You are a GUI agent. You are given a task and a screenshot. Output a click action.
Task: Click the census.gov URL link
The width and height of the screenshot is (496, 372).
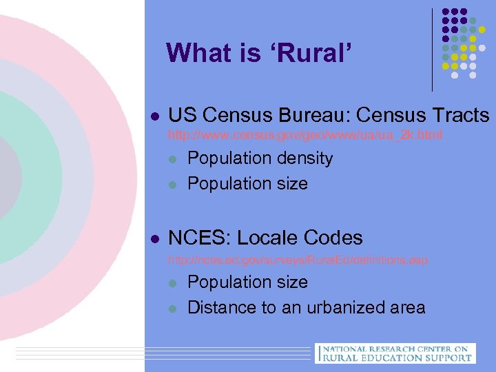tap(305, 136)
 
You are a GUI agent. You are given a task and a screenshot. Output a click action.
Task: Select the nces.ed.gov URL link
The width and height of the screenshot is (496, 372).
tap(298, 260)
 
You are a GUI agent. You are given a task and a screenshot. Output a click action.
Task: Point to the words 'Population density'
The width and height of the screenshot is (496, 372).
tap(260, 158)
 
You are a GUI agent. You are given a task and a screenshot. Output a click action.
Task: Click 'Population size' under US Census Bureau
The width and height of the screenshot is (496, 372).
tap(247, 184)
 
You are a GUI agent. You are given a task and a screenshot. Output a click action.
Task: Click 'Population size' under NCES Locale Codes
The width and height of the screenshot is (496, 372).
tap(247, 282)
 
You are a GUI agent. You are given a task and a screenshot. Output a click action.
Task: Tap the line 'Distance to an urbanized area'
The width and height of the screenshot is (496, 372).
tap(306, 308)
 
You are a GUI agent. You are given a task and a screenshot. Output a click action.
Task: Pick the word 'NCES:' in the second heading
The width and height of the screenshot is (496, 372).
tap(199, 238)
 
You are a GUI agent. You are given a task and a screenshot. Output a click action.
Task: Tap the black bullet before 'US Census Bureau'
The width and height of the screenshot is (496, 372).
tap(154, 116)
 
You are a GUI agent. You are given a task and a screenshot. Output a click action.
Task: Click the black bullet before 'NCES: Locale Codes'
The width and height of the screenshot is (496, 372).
tap(154, 238)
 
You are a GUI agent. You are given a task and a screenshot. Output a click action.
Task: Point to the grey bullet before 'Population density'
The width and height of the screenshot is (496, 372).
tap(174, 159)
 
